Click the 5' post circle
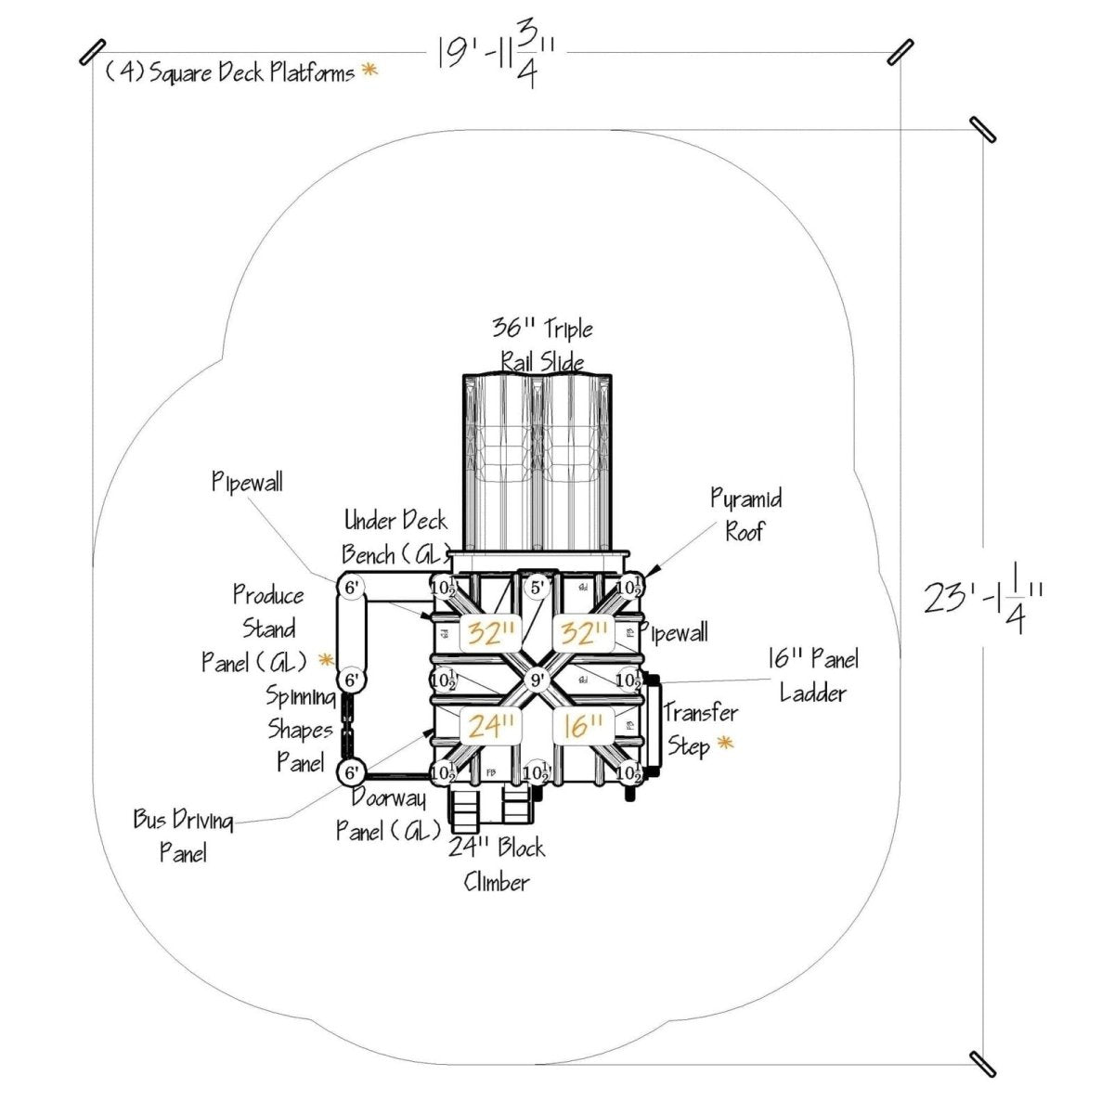tap(538, 587)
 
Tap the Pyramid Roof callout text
tap(745, 514)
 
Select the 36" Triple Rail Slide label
tap(542, 344)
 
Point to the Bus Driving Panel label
tap(183, 835)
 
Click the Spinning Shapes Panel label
tap(300, 729)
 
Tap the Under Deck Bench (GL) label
tap(395, 537)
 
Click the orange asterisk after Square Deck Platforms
tap(369, 70)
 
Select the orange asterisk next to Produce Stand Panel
tap(325, 660)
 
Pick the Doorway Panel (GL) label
tap(388, 815)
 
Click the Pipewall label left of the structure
tap(247, 482)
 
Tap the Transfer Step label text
tap(699, 729)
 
